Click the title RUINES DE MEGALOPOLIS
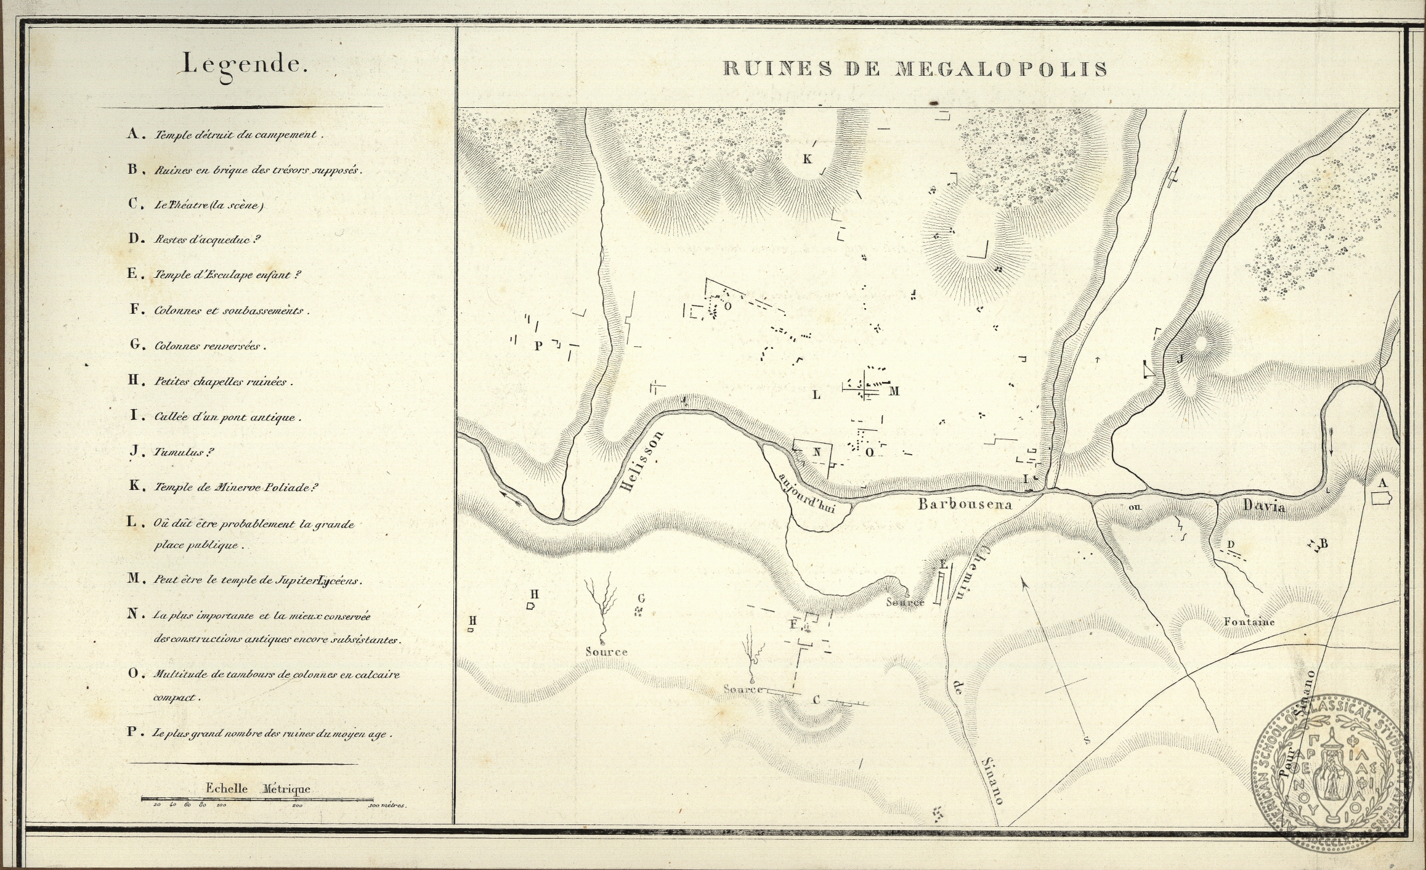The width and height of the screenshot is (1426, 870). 915,68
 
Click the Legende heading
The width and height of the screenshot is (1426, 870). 243,65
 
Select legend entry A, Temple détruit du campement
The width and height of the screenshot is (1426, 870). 225,134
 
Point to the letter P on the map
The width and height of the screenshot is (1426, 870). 538,346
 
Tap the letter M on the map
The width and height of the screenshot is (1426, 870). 894,391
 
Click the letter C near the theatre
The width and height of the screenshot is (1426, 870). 817,700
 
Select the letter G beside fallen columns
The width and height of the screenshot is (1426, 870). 641,598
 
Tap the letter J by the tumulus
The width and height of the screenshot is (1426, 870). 1181,359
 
